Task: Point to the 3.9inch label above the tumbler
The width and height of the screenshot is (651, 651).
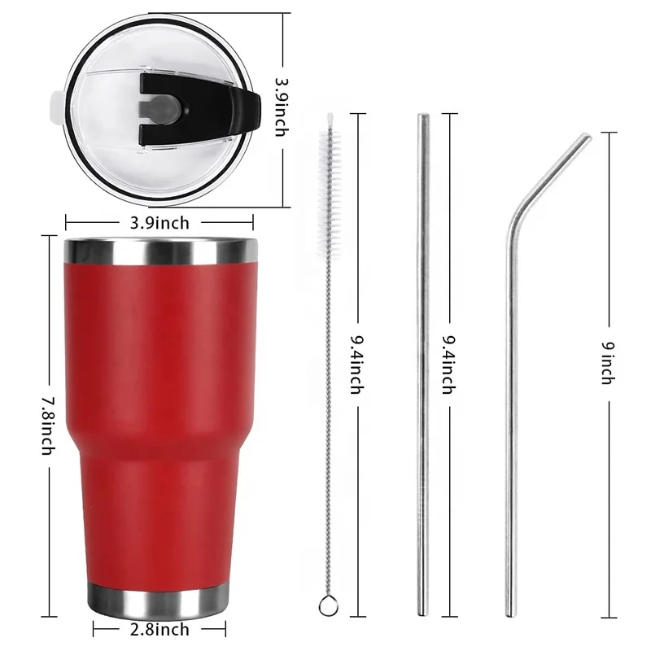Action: click(159, 222)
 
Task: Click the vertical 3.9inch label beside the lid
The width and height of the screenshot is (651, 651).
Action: click(281, 106)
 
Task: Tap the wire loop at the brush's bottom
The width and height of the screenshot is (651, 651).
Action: click(326, 605)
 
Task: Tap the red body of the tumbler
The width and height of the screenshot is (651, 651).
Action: click(155, 407)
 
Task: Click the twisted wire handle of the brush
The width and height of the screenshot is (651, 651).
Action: click(329, 391)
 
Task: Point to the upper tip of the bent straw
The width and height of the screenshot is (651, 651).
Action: click(588, 138)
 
